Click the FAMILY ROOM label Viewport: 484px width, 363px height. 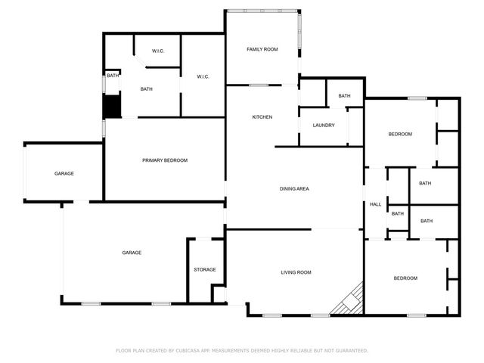click(262, 49)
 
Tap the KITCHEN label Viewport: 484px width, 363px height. click(262, 116)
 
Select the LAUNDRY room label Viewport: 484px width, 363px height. click(324, 125)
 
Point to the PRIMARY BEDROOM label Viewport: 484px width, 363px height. click(165, 160)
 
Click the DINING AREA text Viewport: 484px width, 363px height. click(294, 188)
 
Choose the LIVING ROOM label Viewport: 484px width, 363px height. click(296, 272)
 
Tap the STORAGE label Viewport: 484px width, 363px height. click(205, 269)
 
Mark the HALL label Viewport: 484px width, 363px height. click(375, 204)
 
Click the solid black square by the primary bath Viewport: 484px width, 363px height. click(111, 106)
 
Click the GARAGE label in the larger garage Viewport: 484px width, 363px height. click(132, 253)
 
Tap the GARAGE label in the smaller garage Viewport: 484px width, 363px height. click(64, 174)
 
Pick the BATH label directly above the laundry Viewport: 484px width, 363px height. click(345, 96)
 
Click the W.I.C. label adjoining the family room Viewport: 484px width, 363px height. click(203, 76)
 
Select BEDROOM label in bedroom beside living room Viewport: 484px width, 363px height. click(405, 278)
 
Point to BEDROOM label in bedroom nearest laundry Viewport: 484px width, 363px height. click(400, 134)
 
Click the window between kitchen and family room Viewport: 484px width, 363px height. click(259, 85)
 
